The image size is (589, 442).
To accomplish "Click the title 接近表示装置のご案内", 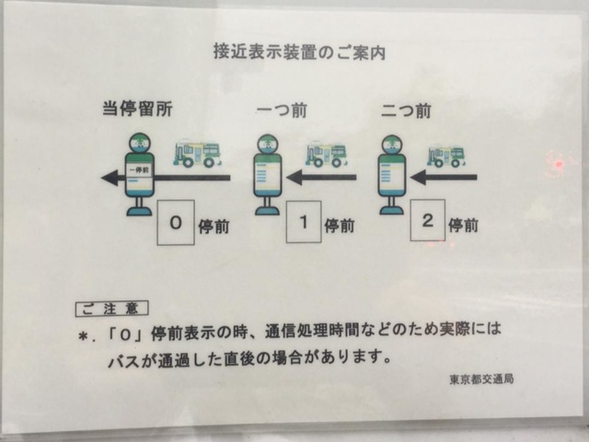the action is coord(299,52).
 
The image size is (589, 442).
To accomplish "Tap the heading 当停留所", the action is coord(137,110).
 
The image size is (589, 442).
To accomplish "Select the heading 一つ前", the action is coord(282,110).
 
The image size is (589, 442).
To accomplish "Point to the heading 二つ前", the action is coord(406,111).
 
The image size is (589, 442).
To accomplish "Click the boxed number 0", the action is coord(176,223).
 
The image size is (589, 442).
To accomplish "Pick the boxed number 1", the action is coord(304,222).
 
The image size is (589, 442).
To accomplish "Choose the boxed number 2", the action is coord(427,220).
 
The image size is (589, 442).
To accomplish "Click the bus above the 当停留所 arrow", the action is coord(198,154).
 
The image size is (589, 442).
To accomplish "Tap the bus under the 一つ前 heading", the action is coord(326,154).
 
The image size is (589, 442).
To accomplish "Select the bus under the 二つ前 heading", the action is coord(446,155).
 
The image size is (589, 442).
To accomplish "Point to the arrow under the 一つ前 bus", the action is coord(321,177).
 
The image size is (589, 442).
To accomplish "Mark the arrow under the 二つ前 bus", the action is coord(444,177).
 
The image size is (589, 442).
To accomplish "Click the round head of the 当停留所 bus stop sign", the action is coord(140,144).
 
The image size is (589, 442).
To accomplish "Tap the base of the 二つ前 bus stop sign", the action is coord(392,210).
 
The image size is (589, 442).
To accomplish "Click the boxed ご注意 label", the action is coord(112,308).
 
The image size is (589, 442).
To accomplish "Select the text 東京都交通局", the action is coord(481,379).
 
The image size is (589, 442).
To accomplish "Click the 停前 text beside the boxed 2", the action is coord(464,225).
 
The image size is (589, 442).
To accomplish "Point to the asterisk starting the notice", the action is coord(83,336).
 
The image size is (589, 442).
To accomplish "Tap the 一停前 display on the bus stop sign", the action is coord(139,170).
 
